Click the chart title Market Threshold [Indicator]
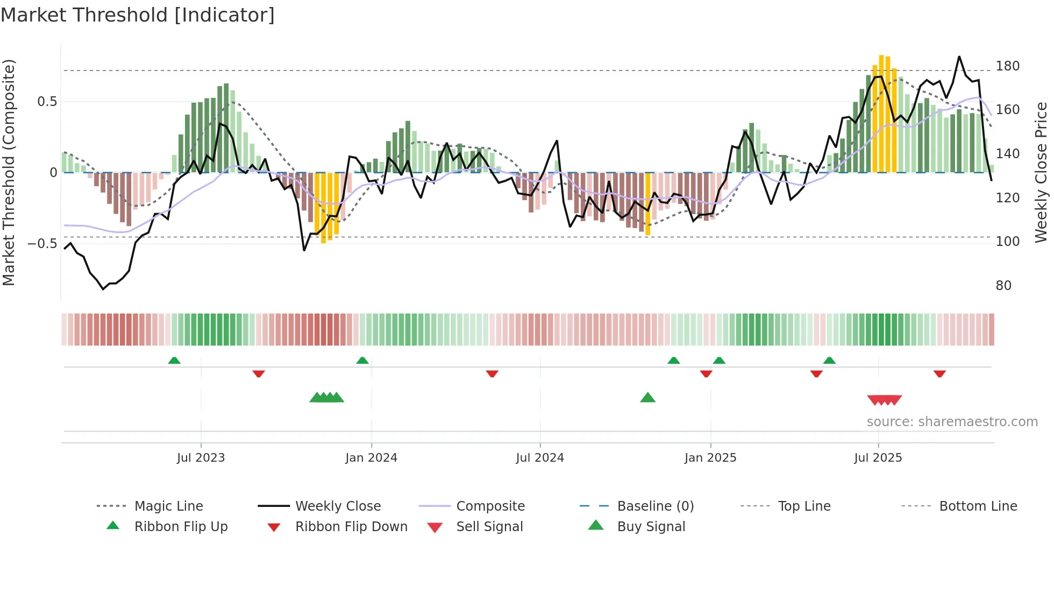[138, 15]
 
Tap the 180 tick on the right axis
[1007, 66]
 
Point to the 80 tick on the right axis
[1003, 286]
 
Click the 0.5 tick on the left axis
[47, 102]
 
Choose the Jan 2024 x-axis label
[371, 458]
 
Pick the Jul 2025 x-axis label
[878, 458]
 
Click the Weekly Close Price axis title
[1041, 172]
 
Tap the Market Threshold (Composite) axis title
[9, 172]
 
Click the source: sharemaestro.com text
[952, 422]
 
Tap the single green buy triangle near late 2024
[647, 398]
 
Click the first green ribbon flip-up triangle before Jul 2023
[174, 361]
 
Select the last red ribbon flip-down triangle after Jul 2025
[939, 373]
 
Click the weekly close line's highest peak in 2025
[959, 57]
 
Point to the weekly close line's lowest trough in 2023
[103, 289]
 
